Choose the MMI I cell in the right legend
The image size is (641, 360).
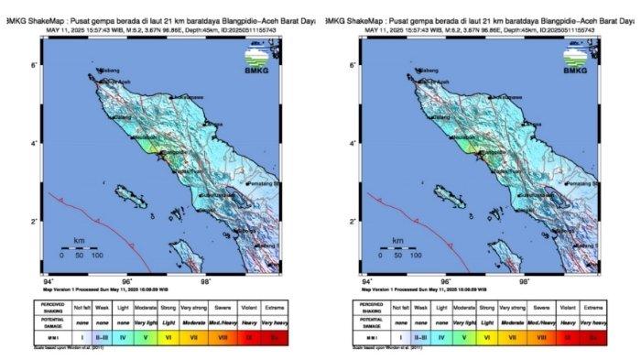(399, 337)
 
